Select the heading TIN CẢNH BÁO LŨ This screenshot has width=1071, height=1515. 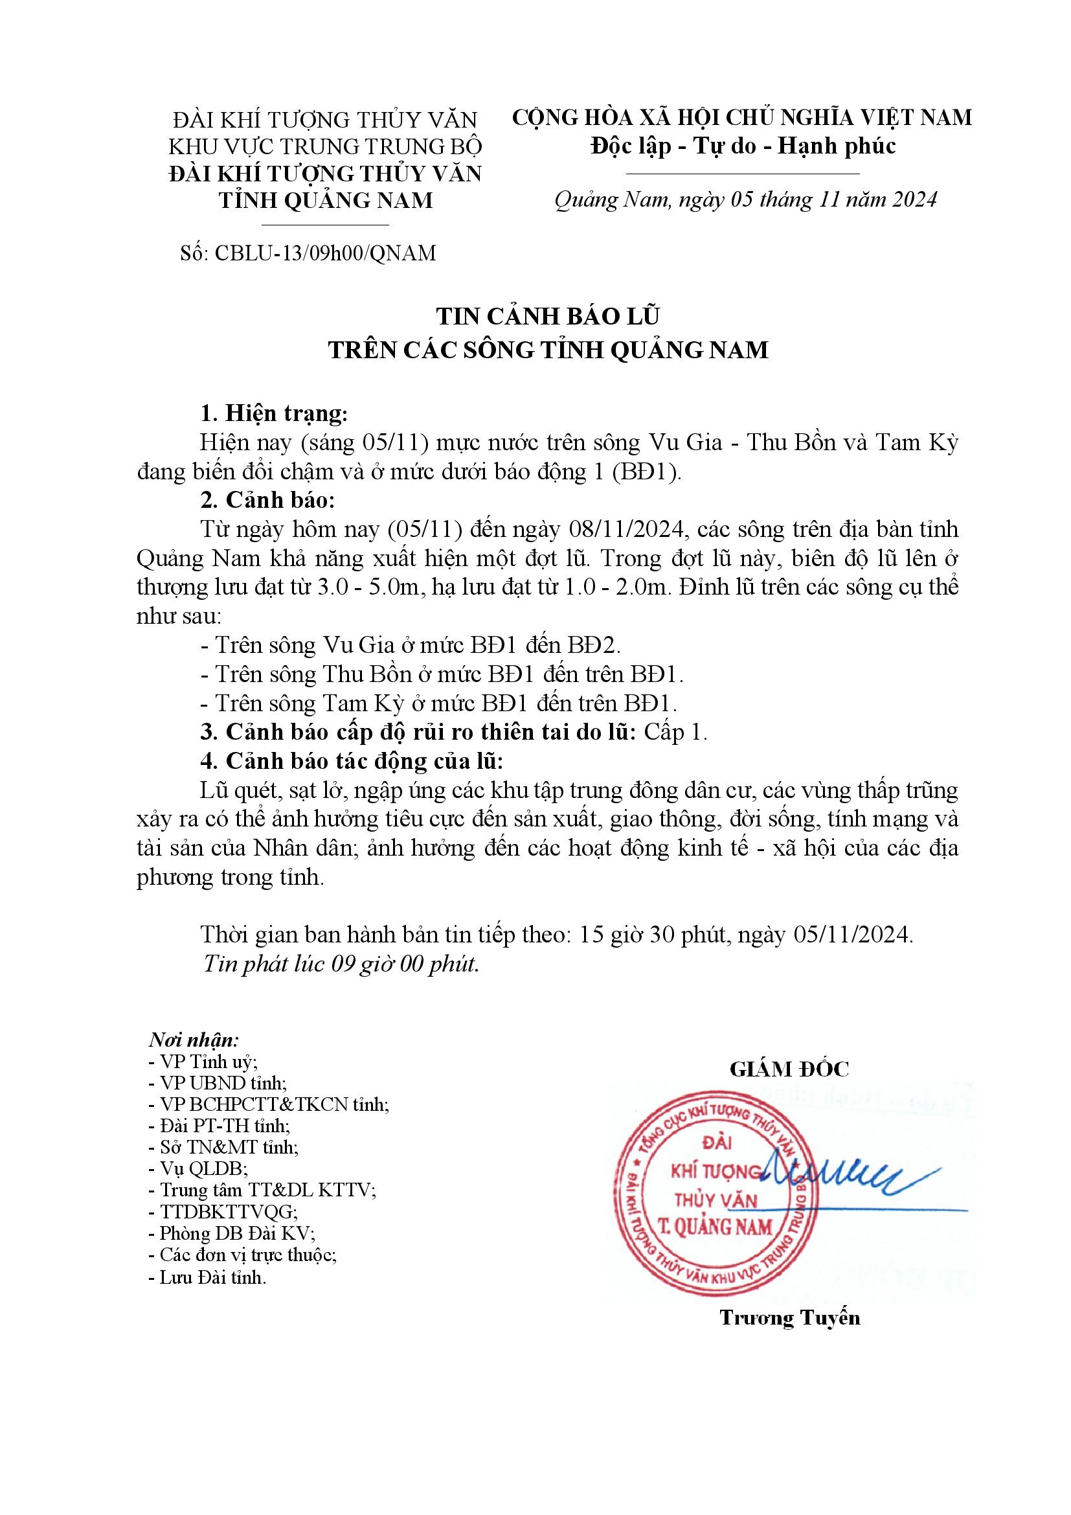pyautogui.click(x=547, y=317)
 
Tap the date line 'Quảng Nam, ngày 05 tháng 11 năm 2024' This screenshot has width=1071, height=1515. pyautogui.click(x=745, y=199)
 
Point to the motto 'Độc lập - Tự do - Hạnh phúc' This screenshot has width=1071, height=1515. pyautogui.click(x=743, y=146)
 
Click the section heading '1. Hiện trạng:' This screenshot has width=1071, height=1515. pyautogui.click(x=274, y=414)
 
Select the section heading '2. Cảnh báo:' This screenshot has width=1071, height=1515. pyautogui.click(x=268, y=501)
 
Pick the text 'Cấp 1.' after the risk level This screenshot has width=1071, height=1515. pyautogui.click(x=675, y=733)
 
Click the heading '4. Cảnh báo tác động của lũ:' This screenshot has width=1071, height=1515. pyautogui.click(x=352, y=762)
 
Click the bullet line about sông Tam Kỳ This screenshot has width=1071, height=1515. pyautogui.click(x=438, y=703)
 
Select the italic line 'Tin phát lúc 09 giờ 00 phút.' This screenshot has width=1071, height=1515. pyautogui.click(x=341, y=964)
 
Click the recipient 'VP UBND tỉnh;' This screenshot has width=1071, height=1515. pyautogui.click(x=218, y=1083)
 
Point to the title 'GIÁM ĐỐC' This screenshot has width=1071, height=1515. pyautogui.click(x=789, y=1069)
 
